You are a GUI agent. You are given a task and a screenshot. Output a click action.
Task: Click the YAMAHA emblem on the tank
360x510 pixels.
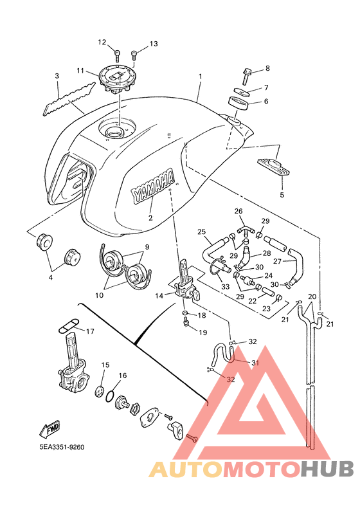pos(152,186)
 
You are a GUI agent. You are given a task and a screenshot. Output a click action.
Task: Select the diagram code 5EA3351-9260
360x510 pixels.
pos(62,447)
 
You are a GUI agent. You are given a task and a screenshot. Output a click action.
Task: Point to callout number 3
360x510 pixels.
pos(57,76)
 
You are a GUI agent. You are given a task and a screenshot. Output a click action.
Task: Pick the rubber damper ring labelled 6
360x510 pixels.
pos(239,104)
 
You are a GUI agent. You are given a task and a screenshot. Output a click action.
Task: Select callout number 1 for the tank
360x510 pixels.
pos(201,77)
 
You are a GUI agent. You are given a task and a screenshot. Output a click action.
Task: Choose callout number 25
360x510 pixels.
pos(202,232)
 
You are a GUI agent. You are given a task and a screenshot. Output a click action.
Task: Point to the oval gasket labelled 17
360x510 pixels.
pos(68,325)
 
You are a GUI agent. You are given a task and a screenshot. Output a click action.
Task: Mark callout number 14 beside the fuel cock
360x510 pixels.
pos(159,296)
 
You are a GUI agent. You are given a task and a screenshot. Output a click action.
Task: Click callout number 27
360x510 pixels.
pos(278,261)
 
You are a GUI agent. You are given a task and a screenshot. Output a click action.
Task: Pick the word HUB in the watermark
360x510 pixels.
pos(327,469)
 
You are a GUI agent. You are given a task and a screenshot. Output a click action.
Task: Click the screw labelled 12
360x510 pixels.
pos(118,56)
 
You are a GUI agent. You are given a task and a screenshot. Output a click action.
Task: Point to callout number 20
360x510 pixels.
pos(312,296)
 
